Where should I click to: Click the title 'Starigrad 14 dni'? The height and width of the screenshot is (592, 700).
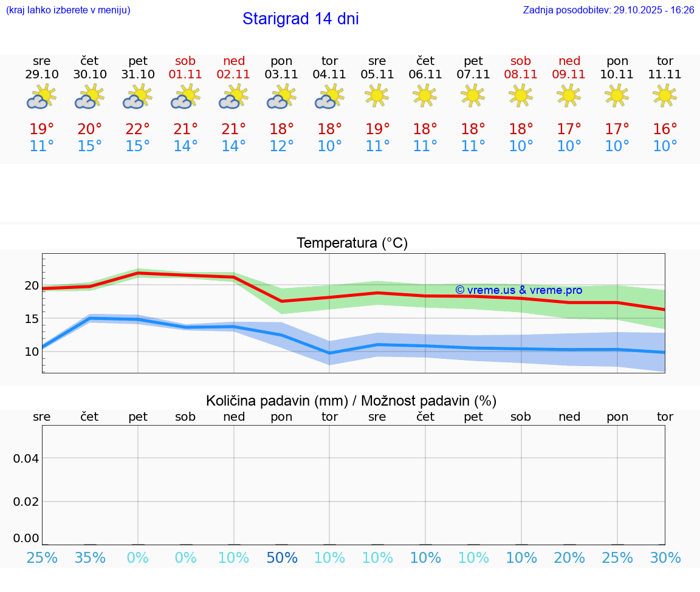pos(300,19)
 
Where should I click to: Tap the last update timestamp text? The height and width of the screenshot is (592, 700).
pos(608,10)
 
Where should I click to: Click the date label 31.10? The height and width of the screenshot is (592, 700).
pos(138,75)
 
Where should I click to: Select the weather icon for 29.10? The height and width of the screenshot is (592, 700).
pos(41,97)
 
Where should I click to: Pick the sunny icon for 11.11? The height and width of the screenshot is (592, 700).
pos(665,95)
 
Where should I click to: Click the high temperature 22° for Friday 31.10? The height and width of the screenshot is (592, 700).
pos(138,129)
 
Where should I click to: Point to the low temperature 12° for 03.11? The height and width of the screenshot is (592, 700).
pos(281,146)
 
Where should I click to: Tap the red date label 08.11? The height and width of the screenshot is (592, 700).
pos(521,75)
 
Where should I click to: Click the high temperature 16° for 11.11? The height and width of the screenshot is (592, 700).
pos(665,129)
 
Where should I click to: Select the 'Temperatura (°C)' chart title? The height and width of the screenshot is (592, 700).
pos(352,243)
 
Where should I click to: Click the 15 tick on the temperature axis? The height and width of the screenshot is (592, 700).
pos(32,319)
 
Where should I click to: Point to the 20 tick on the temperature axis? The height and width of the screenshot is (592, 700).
pos(32,286)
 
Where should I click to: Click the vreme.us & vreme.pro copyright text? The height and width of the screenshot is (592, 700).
pos(518,290)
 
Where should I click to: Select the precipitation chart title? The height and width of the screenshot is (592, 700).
pos(351,401)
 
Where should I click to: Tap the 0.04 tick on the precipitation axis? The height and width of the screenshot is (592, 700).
pos(26,458)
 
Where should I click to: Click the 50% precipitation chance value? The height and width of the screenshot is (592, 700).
pos(281,558)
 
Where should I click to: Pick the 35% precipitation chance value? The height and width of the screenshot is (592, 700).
pos(90,558)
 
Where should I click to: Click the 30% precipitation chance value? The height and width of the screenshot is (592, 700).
pos(665,558)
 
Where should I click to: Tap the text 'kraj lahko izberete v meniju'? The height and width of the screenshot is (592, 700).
pos(68,10)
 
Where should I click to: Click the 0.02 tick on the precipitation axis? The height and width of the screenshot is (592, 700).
pos(26,502)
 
